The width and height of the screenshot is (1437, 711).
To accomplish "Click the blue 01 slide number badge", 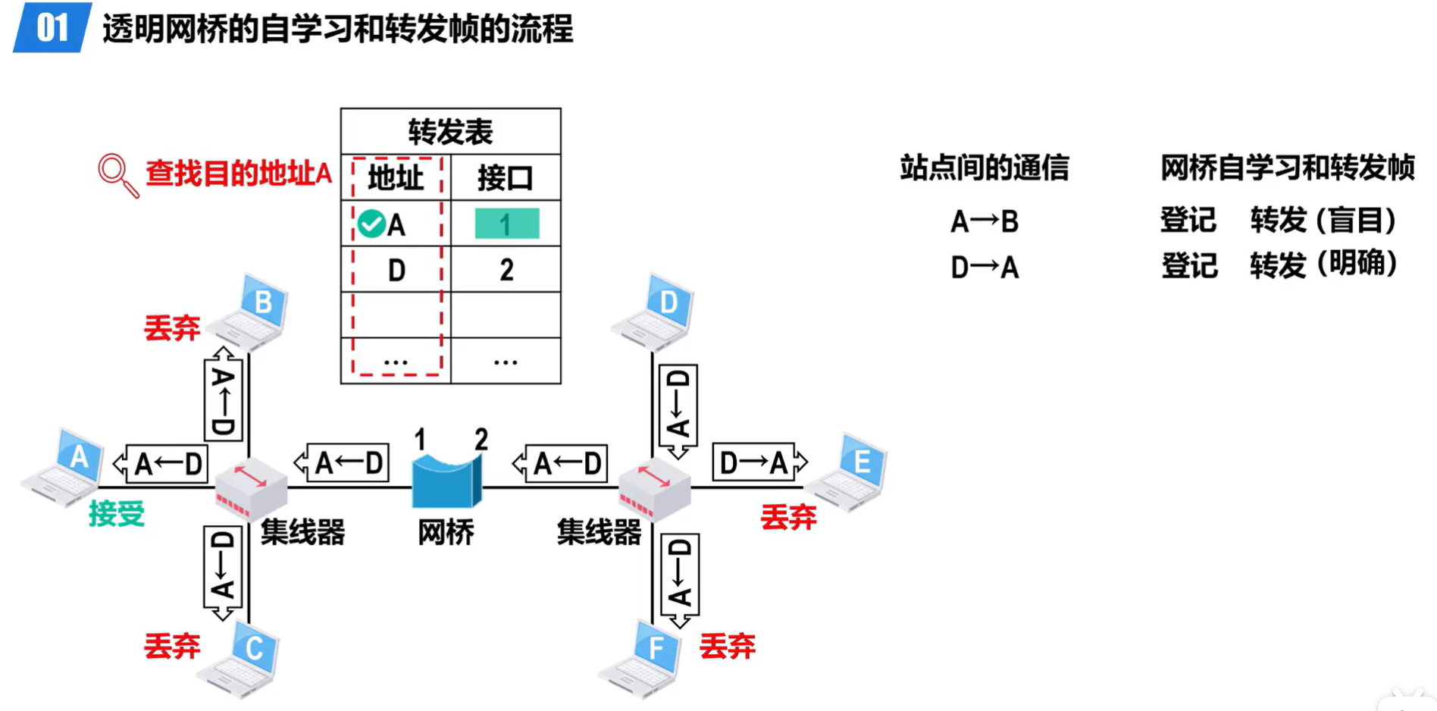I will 52,28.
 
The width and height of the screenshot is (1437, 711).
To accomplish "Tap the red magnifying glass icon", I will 116,174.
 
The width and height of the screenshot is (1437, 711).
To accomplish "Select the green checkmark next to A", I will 371,224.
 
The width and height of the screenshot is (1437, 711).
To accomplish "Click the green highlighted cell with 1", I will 506,224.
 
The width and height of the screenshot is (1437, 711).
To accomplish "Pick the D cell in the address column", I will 396,270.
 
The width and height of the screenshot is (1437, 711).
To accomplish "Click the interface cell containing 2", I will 506,270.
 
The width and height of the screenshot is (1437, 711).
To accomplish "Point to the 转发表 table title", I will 450,132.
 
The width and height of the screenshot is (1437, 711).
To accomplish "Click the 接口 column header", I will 506,178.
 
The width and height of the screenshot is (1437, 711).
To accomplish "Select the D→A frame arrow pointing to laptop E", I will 758,462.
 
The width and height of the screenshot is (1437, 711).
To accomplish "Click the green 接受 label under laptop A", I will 116,514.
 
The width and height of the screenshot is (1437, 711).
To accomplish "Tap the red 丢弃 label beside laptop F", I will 727,646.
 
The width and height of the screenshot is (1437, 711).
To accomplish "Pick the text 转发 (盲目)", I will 1323,221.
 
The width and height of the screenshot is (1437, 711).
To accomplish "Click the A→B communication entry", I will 985,221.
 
